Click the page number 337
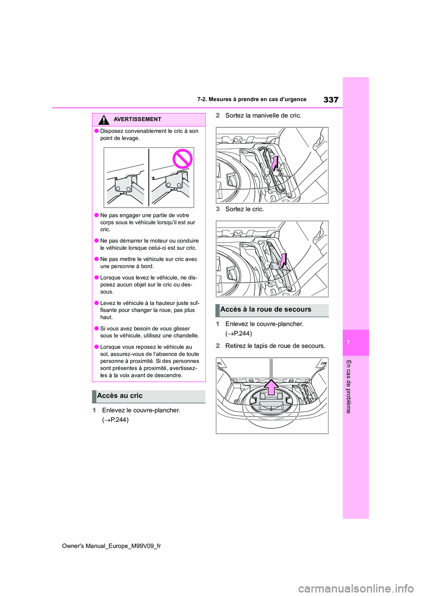(331, 100)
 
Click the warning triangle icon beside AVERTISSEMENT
(103, 120)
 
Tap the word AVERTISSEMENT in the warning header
(137, 119)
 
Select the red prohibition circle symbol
(182, 158)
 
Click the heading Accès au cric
(120, 396)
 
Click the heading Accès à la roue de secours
(266, 309)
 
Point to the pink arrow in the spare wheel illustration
(271, 388)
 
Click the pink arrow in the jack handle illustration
(275, 164)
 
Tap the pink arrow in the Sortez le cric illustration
(283, 260)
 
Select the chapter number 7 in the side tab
(348, 342)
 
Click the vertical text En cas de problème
(349, 386)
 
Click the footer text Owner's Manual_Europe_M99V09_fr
(111, 546)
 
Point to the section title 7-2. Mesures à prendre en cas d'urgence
(252, 100)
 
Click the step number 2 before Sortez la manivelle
(218, 115)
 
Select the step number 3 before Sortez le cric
(218, 209)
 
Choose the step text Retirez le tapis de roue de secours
(275, 346)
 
